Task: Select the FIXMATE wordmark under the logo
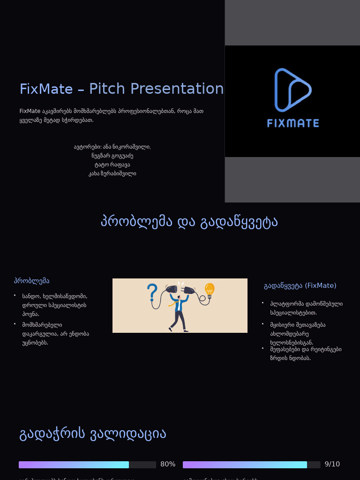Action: [x=293, y=123]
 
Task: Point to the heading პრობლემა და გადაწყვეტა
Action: [x=189, y=222]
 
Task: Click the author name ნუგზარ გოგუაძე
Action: [x=112, y=156]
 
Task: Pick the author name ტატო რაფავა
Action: [x=112, y=165]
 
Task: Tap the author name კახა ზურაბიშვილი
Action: [x=112, y=173]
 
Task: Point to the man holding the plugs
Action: [x=178, y=312]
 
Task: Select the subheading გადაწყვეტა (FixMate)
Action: [x=300, y=285]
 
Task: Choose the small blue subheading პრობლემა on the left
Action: [x=32, y=281]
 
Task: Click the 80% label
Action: [x=168, y=464]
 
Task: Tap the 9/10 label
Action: [x=332, y=464]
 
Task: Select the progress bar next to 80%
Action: [x=87, y=465]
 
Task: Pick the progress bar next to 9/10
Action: [x=251, y=465]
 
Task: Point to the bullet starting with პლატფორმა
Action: [x=306, y=308]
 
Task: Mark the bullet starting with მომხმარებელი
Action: [x=55, y=333]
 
